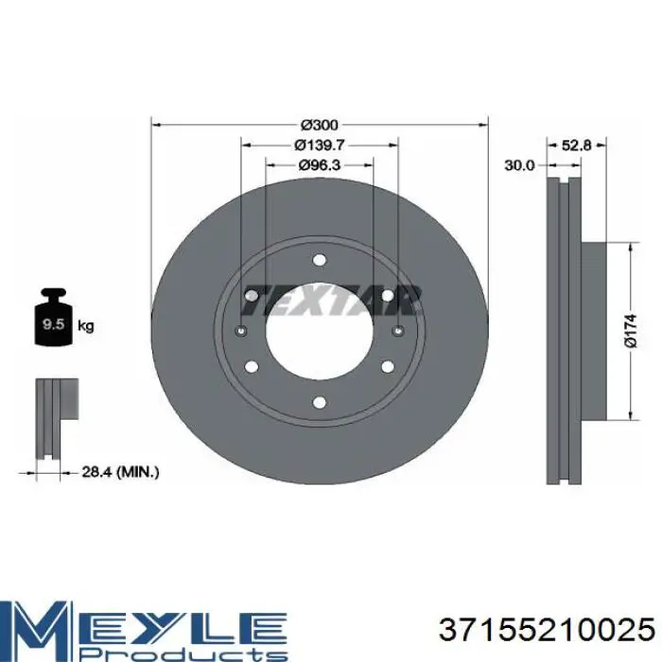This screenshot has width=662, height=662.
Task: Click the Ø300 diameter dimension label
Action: coord(320,125)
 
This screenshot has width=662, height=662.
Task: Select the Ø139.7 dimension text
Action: coord(320,145)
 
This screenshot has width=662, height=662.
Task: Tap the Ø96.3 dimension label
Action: coord(320,165)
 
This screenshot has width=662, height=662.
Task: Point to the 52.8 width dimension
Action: coord(576,146)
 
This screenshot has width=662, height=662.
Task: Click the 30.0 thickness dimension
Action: coord(520,165)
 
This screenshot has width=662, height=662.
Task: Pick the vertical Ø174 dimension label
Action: coord(630,331)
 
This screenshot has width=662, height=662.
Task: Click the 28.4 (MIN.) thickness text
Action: coord(120,472)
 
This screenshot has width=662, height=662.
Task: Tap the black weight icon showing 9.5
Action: coord(54,318)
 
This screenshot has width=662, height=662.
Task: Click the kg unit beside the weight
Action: coord(86,326)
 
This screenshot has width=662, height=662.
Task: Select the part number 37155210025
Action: coord(547,629)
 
